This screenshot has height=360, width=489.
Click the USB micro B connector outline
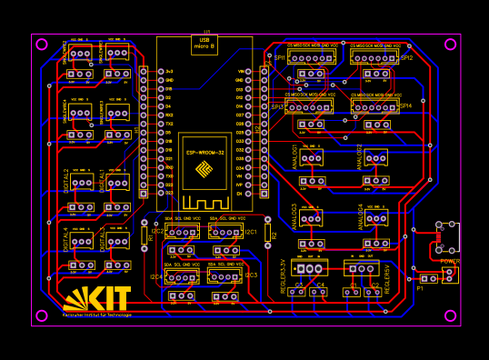pyautogui.click(x=205, y=45)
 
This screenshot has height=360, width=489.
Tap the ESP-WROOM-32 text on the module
pyautogui.click(x=205, y=153)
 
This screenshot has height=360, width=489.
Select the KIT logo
pyautogui.click(x=97, y=298)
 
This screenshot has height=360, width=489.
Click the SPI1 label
pyautogui.click(x=279, y=57)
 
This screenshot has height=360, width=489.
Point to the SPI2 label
pyautogui.click(x=406, y=57)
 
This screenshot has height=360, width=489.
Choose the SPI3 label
pyautogui.click(x=277, y=106)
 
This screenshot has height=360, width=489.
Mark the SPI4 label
pyautogui.click(x=405, y=105)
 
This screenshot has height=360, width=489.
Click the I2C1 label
pyautogui.click(x=251, y=232)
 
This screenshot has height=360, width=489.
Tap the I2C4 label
pyautogui.click(x=156, y=276)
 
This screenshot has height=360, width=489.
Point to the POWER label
pyautogui.click(x=450, y=261)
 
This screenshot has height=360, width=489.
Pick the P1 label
pyautogui.click(x=420, y=288)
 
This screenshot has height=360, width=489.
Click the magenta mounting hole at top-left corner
pyautogui.click(x=41, y=44)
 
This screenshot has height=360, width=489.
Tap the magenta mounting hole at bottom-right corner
pyautogui.click(x=450, y=315)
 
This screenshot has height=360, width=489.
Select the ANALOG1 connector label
pyautogui.click(x=295, y=155)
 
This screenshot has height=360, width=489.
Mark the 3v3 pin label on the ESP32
pyautogui.click(x=169, y=71)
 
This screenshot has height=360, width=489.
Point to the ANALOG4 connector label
pyautogui.click(x=361, y=216)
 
